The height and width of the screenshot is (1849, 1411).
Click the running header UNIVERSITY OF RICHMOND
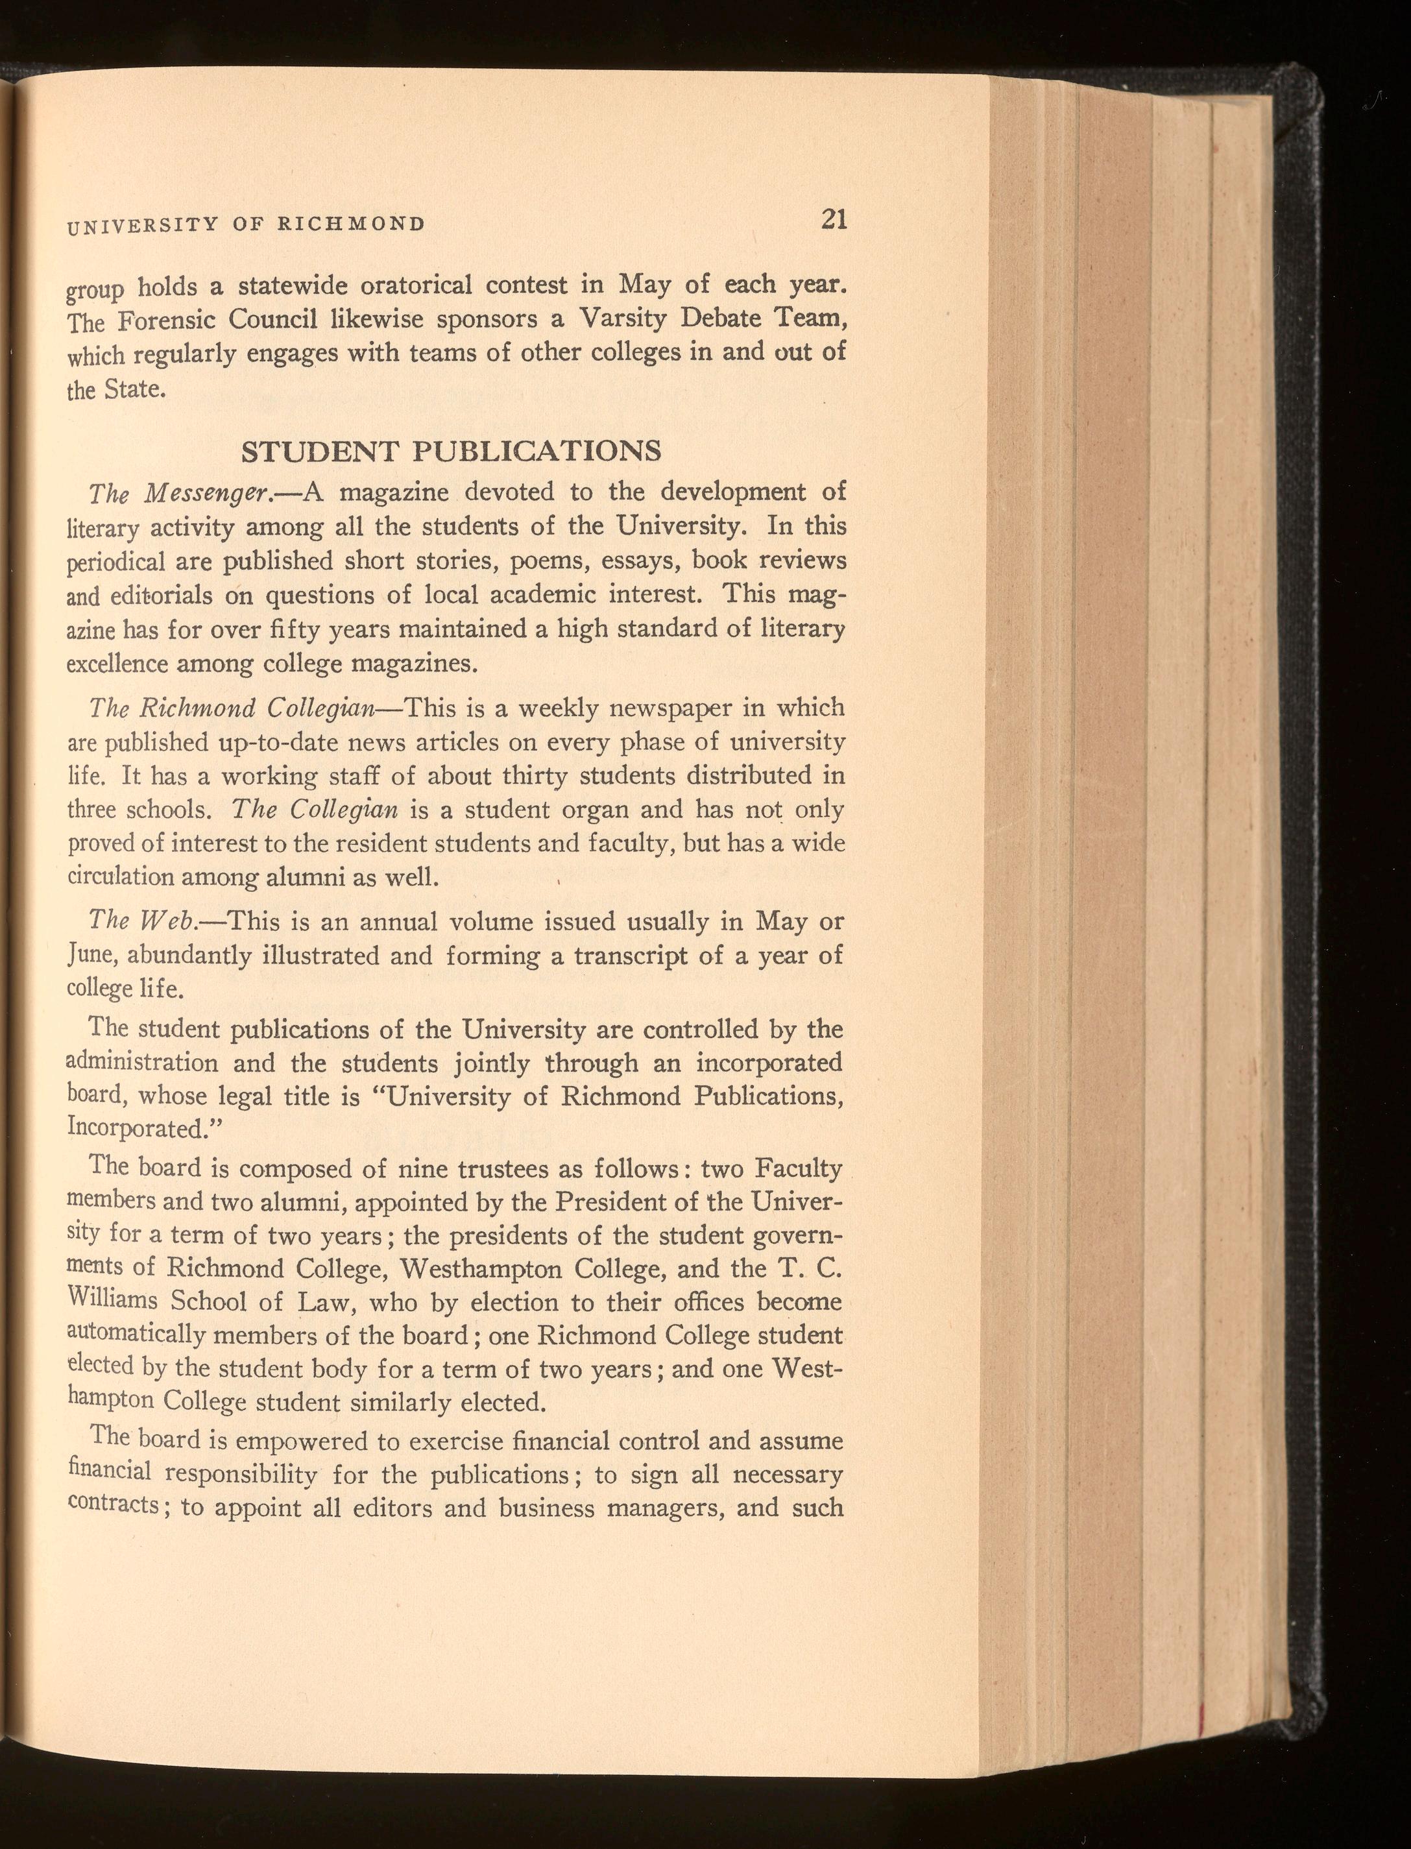[x=245, y=224]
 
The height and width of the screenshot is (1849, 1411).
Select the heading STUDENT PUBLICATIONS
[x=451, y=451]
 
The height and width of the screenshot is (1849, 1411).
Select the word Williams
[x=112, y=1301]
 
